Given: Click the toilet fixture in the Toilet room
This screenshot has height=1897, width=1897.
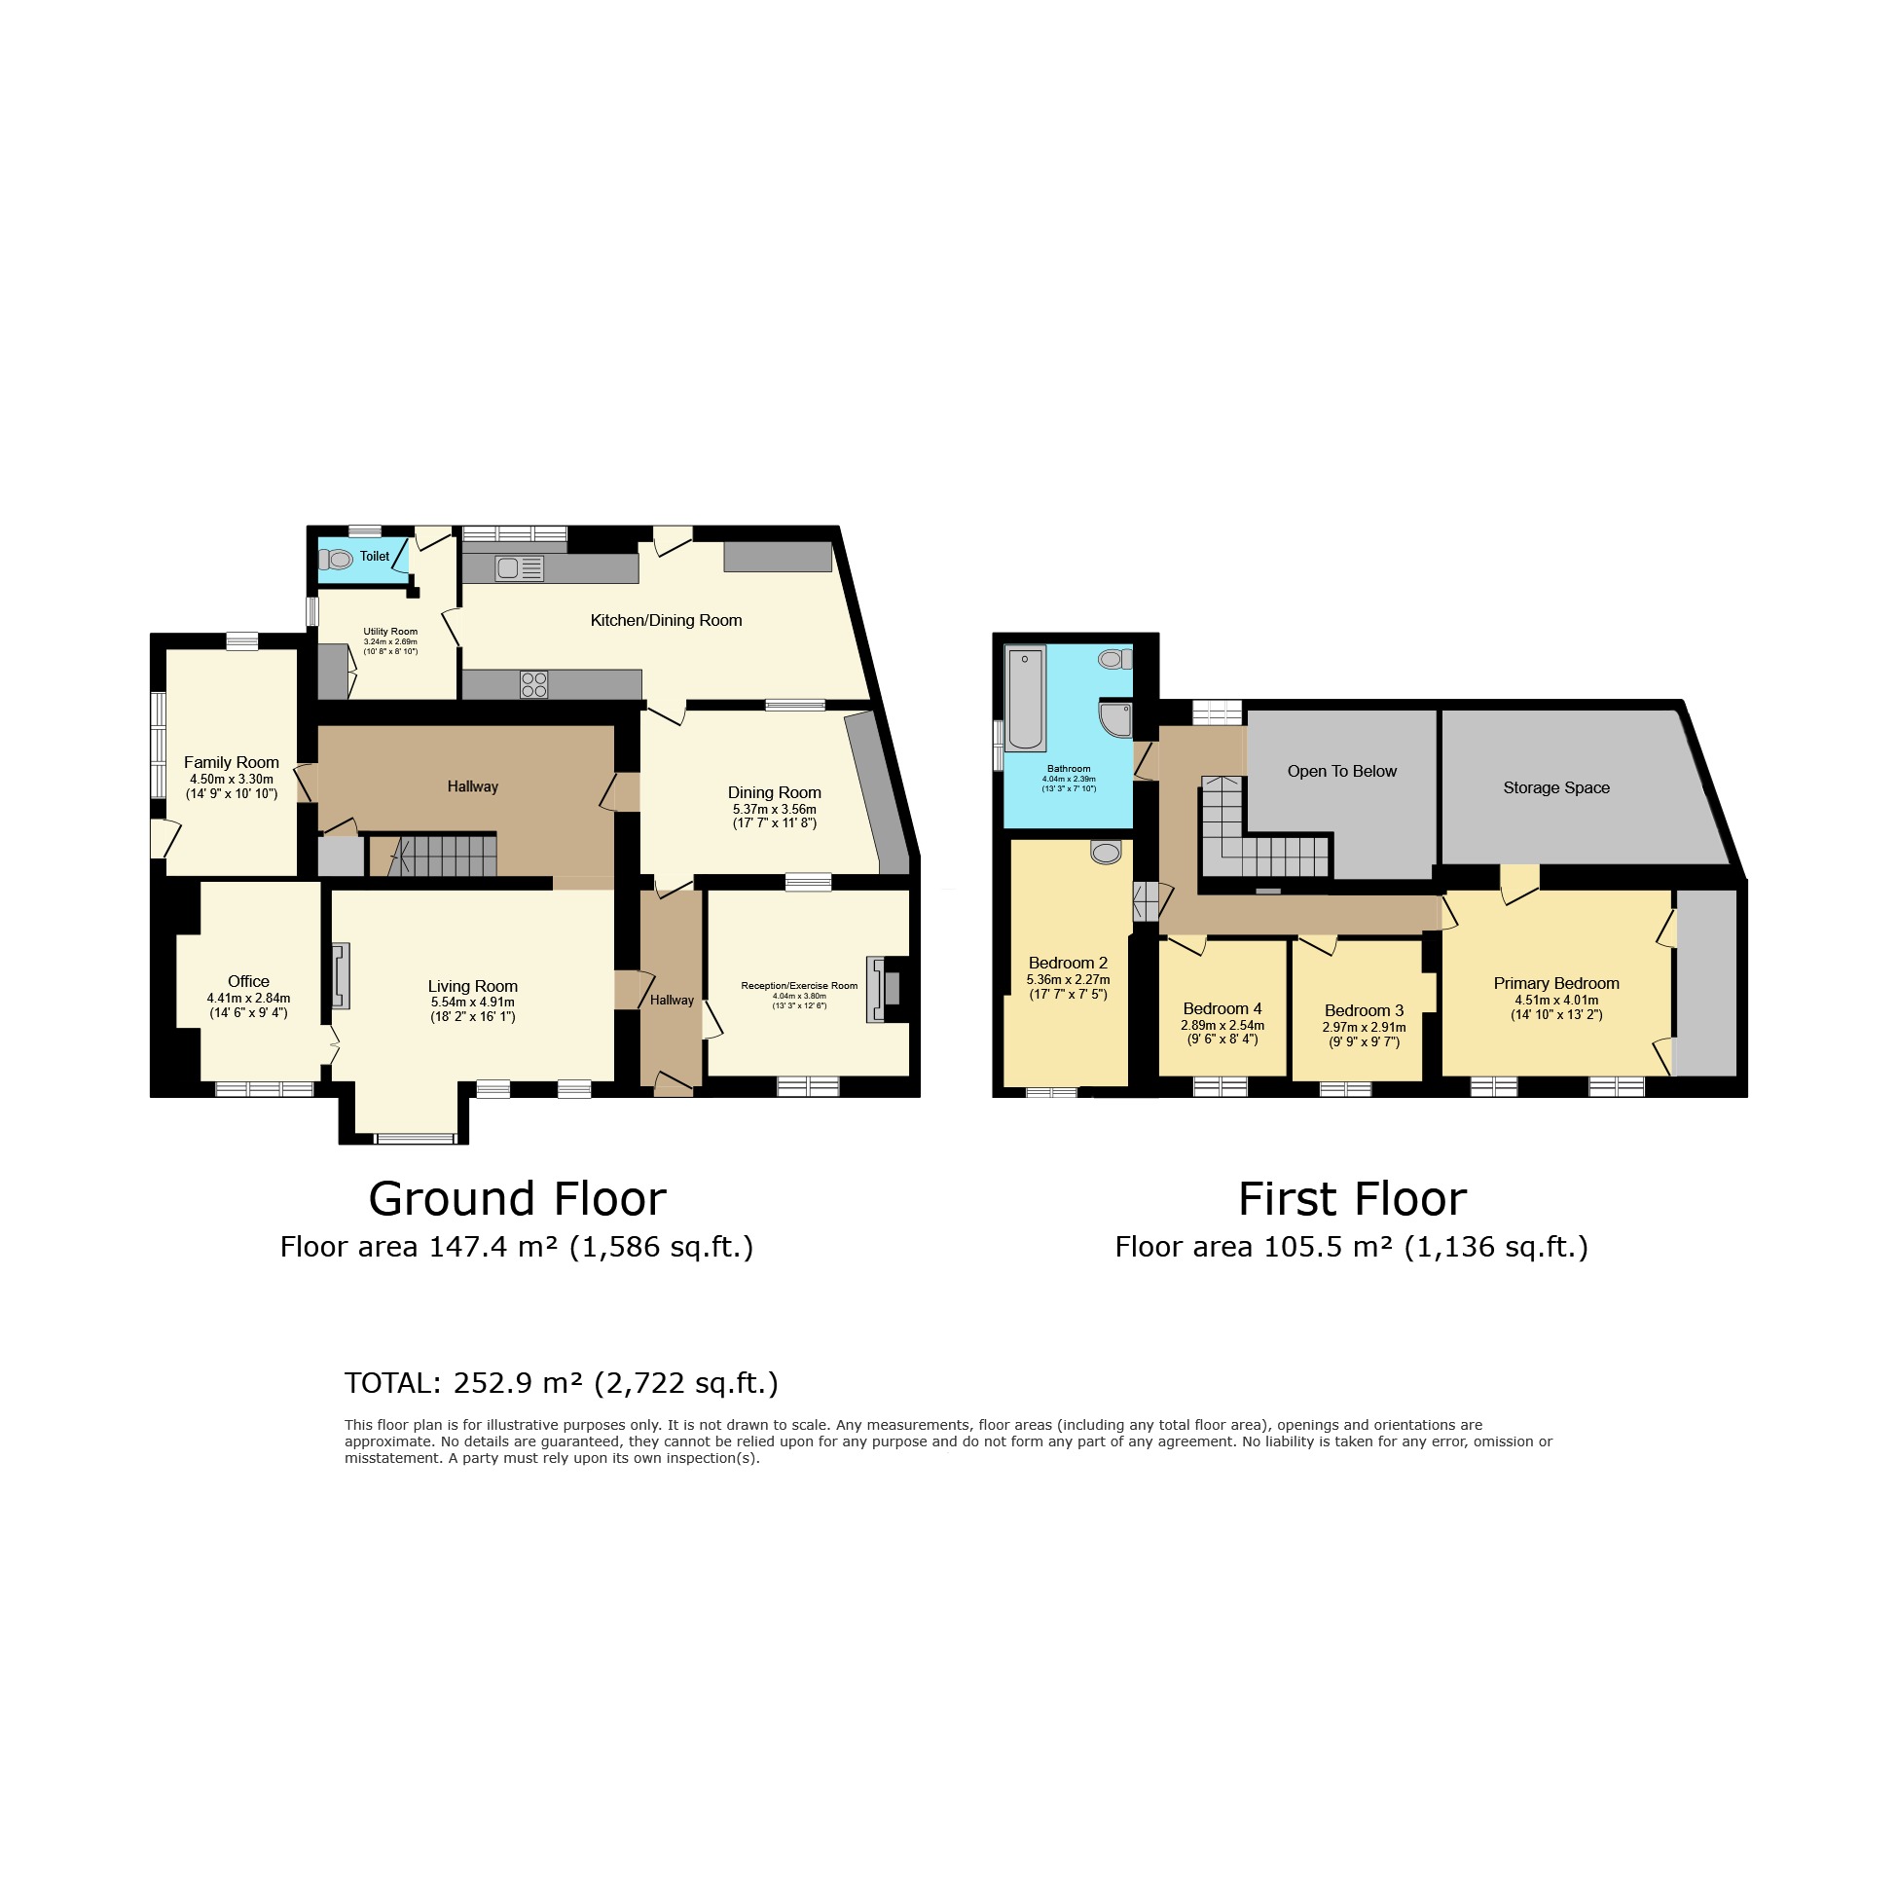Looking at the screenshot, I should pyautogui.click(x=336, y=560).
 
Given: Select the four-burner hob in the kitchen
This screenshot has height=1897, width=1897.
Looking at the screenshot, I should pyautogui.click(x=534, y=684).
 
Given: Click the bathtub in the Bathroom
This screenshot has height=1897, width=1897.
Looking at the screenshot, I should pyautogui.click(x=1025, y=698).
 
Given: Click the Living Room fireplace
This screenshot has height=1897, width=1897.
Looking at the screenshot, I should pyautogui.click(x=341, y=976).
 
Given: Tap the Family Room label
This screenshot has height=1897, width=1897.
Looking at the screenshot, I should pyautogui.click(x=232, y=762).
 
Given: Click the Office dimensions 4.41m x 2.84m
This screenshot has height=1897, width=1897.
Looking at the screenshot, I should pyautogui.click(x=248, y=999).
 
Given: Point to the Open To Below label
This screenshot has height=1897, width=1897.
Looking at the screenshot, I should pyautogui.click(x=1341, y=771).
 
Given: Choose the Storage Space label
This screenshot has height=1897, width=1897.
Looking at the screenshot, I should pyautogui.click(x=1556, y=787).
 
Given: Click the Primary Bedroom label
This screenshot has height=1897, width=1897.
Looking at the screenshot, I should pyautogui.click(x=1556, y=983).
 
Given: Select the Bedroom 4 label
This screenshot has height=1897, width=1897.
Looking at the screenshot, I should pyautogui.click(x=1222, y=1008).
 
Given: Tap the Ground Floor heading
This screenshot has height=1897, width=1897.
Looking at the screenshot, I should pyautogui.click(x=518, y=1199).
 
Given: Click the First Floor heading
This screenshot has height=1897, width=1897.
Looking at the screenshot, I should pyautogui.click(x=1352, y=1199).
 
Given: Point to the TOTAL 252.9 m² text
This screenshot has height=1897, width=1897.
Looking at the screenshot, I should pyautogui.click(x=561, y=1382).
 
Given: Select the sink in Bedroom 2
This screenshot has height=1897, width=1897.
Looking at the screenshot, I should pyautogui.click(x=1106, y=853).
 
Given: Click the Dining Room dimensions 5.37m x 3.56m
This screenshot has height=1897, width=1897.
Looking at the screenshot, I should pyautogui.click(x=774, y=809).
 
